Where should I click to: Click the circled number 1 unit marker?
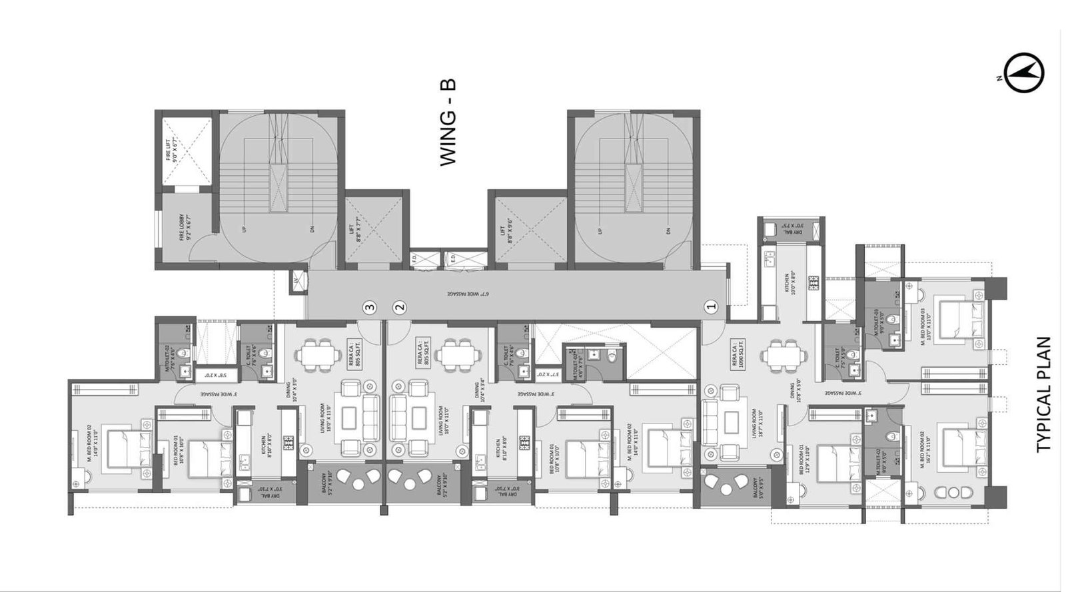(711, 307)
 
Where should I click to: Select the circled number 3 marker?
(370, 307)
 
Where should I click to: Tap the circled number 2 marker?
(399, 307)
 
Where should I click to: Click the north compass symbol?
(1024, 73)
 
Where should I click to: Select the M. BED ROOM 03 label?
(925, 320)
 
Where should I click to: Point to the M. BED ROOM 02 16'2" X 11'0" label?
(925, 452)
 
